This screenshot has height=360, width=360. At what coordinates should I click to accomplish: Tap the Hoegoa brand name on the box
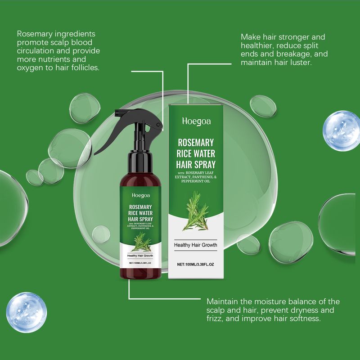(196, 121)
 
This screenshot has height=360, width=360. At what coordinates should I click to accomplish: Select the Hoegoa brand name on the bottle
(141, 195)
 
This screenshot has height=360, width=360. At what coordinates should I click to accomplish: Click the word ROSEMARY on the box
(196, 143)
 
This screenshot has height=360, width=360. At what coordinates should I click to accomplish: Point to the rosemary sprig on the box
(196, 211)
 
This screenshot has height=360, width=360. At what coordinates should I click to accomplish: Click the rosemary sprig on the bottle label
(141, 242)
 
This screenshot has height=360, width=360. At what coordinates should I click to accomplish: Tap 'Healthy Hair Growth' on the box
(195, 245)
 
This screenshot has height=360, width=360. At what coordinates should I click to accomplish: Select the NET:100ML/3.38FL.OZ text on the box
(195, 265)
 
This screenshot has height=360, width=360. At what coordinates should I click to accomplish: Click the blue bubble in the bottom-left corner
(27, 312)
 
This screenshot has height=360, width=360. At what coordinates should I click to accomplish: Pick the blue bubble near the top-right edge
(342, 131)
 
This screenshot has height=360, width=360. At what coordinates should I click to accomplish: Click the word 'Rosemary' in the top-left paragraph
(35, 34)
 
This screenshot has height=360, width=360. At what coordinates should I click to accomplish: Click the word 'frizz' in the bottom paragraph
(214, 319)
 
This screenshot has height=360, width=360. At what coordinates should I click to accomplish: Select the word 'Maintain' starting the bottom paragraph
(222, 301)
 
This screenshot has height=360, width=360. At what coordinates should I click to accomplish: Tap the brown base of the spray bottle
(140, 274)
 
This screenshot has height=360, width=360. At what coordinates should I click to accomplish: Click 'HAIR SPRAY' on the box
(196, 165)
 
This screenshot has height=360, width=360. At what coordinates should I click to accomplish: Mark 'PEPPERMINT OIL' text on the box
(196, 181)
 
